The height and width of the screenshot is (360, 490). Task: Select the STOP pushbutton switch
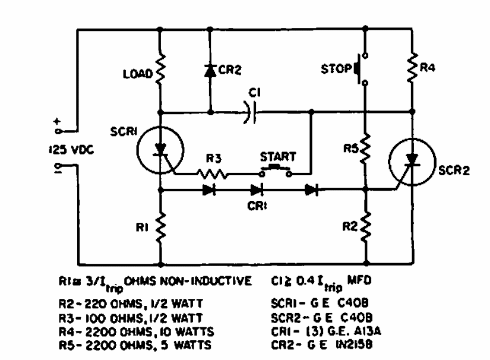361,70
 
